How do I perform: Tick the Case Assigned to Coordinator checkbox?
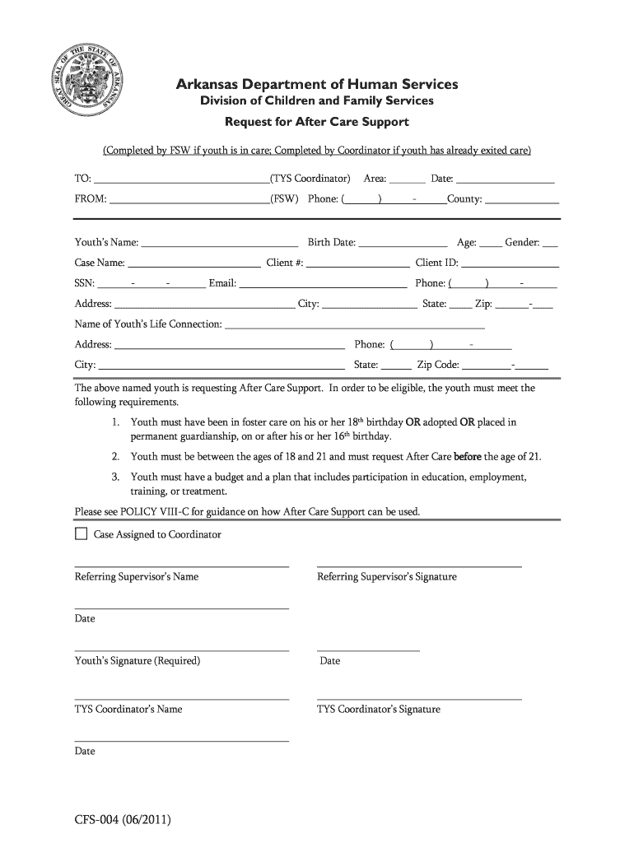81,534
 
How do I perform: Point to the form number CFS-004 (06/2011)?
124,820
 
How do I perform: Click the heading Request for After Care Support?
317,123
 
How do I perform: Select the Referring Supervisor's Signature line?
419,566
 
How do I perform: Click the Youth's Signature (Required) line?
181,650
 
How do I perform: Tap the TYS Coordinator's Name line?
181,699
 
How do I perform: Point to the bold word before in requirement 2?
469,456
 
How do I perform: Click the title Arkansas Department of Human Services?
317,85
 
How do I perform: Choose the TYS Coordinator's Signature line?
419,699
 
